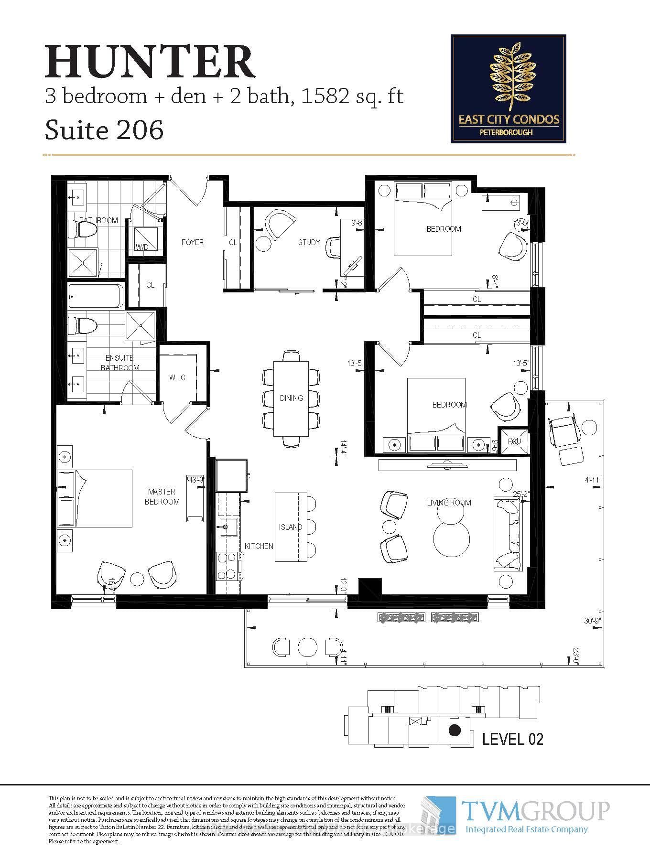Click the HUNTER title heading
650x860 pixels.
click(x=150, y=62)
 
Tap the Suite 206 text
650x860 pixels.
click(x=104, y=129)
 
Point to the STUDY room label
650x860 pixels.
click(x=309, y=242)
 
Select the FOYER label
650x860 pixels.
click(x=192, y=242)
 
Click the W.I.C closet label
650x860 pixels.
click(x=177, y=377)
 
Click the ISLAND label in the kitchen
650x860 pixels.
click(x=291, y=527)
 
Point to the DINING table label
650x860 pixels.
click(x=291, y=398)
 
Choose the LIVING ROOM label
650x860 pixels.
click(x=449, y=503)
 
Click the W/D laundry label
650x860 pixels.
click(x=141, y=247)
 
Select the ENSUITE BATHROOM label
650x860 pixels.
click(x=119, y=363)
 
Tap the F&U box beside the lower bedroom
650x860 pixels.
click(x=514, y=441)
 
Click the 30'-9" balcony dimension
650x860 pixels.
click(x=592, y=621)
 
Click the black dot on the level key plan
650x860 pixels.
click(x=455, y=730)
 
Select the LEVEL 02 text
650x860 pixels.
click(x=512, y=739)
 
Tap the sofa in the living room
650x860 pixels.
click(x=509, y=533)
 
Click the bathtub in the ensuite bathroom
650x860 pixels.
click(x=96, y=295)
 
